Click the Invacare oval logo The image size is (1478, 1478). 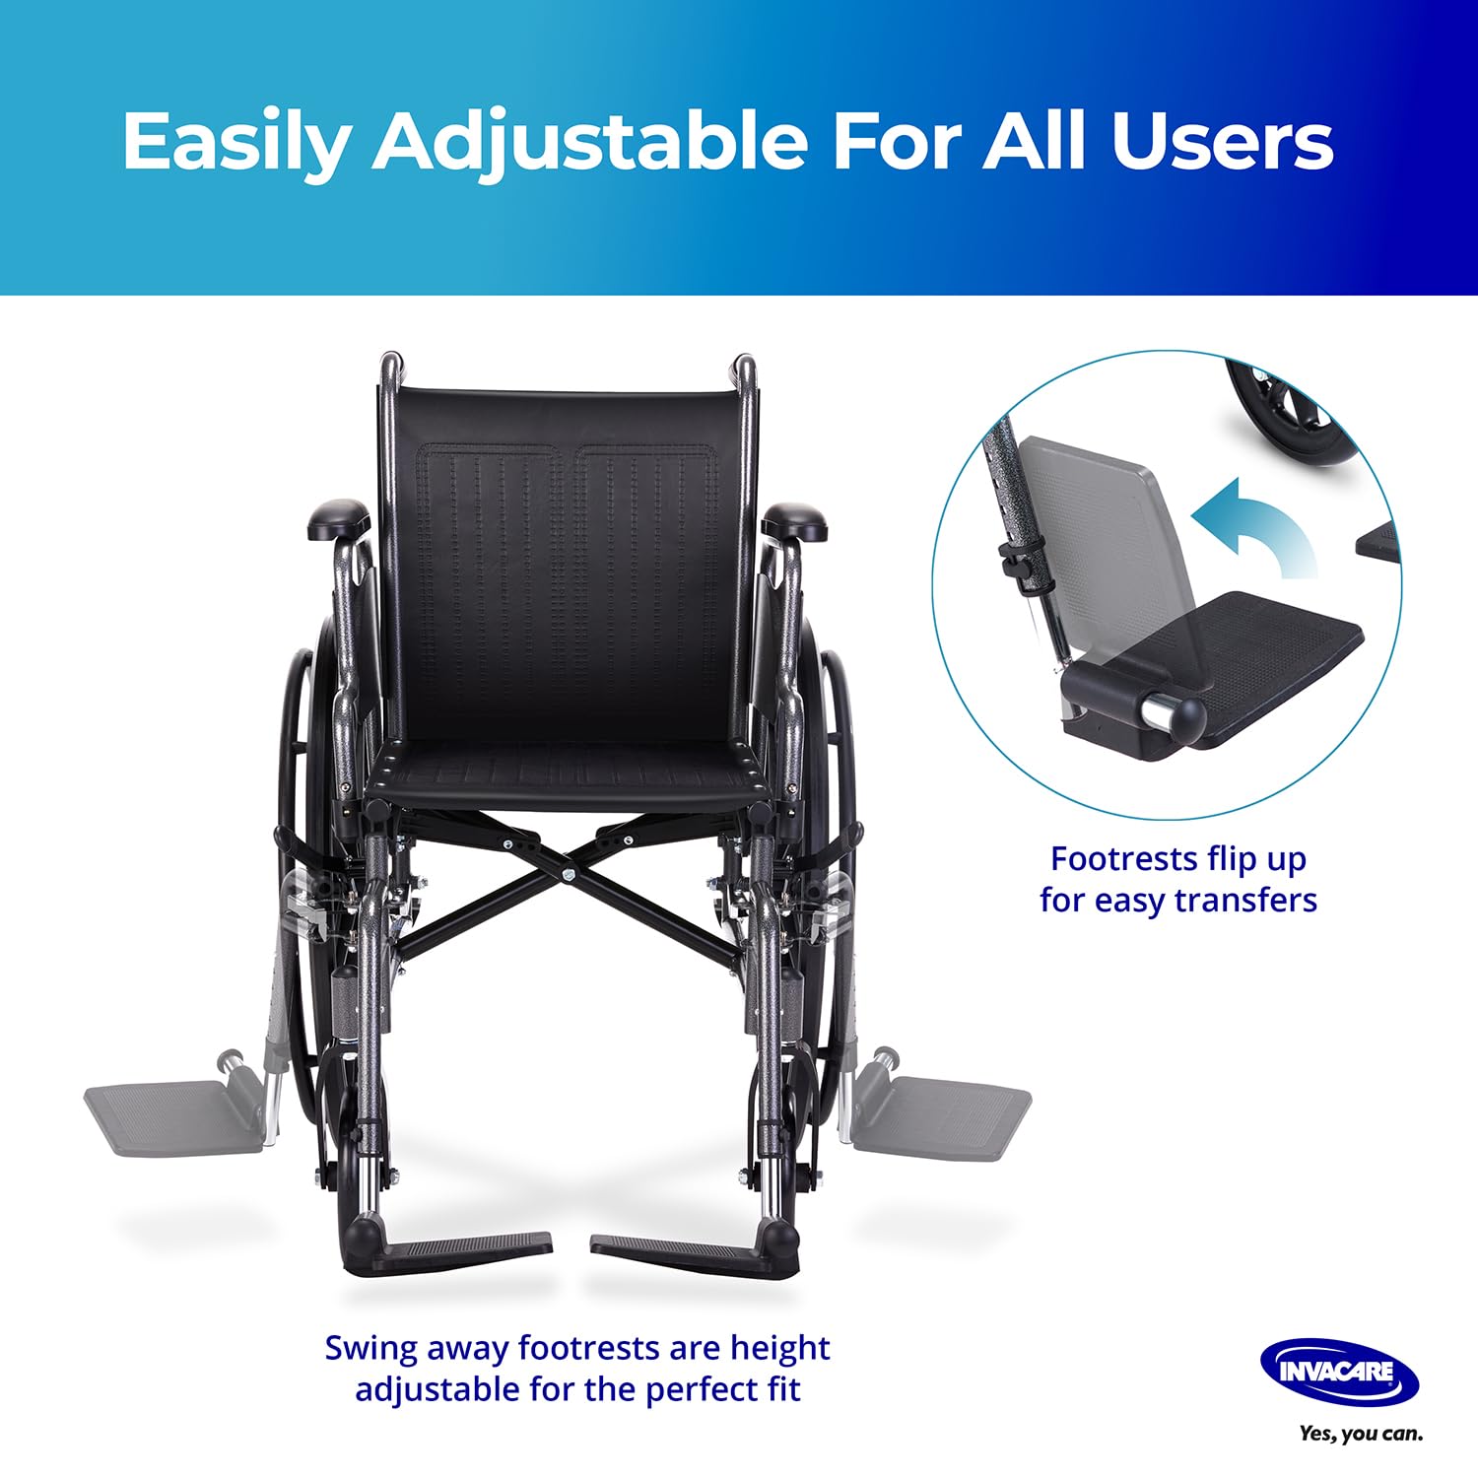coord(1339,1371)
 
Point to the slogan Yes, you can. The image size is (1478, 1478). coord(1361,1434)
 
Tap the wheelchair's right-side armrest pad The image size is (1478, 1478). coord(795,519)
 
